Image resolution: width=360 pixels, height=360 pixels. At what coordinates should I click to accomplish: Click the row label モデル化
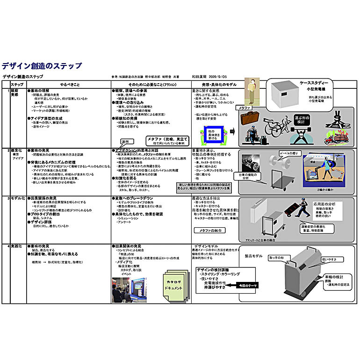click(x=18, y=198)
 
